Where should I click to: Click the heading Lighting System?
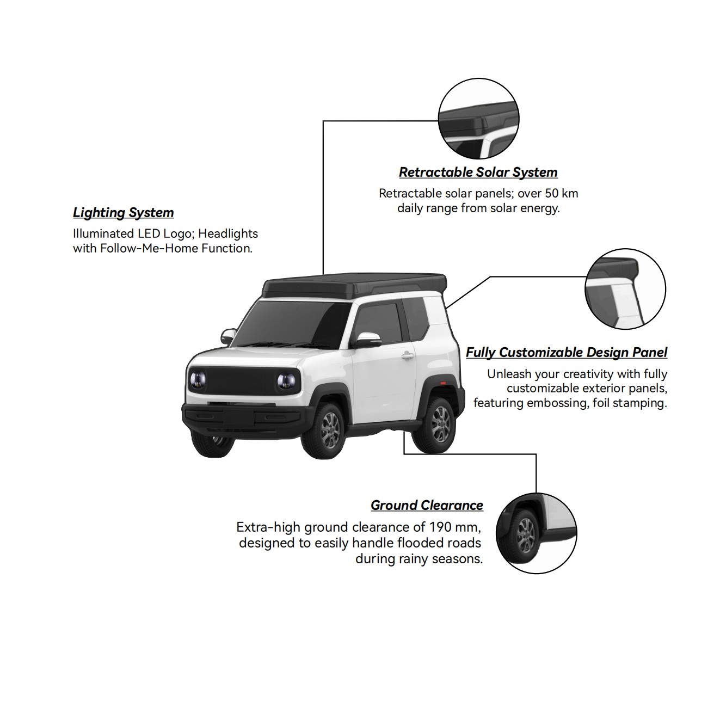pos(124,213)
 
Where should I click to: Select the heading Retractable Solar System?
pos(478,173)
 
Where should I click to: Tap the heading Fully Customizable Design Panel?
pos(567,352)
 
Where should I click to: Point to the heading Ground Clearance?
pos(427,505)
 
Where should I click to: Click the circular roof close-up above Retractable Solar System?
pos(478,119)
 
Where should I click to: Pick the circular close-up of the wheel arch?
pos(537,533)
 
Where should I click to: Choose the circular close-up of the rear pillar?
pos(625,289)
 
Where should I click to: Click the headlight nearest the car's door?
pos(286,381)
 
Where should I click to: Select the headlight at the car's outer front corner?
pos(198,380)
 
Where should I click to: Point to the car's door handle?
pos(408,356)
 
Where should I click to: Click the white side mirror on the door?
pos(368,340)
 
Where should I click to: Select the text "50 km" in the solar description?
pos(561,194)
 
